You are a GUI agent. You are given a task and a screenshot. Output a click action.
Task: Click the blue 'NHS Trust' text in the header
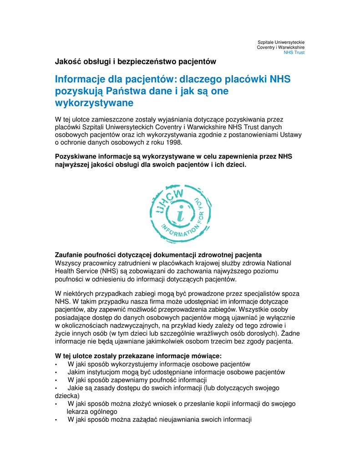coord(294,53)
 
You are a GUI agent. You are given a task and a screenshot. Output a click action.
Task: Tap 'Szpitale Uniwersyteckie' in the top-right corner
coord(281,42)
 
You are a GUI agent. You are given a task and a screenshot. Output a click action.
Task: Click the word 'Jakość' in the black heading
coord(67,61)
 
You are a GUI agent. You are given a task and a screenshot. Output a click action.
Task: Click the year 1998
coord(172,142)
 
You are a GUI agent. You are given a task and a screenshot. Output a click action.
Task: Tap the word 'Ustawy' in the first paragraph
coord(291,135)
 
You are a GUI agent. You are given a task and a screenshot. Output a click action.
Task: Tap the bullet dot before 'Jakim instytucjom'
coord(56,373)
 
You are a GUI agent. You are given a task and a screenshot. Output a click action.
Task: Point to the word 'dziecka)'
coord(67,396)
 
